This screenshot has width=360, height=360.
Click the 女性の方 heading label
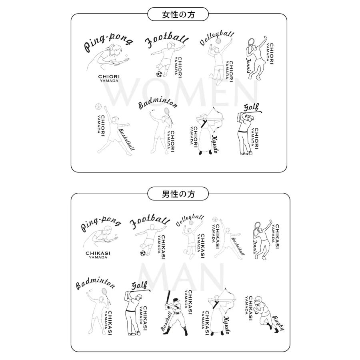click(178, 15)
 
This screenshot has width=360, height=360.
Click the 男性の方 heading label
click(178, 194)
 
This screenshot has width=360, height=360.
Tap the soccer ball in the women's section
click(159, 74)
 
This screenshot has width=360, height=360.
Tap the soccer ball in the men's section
click(143, 253)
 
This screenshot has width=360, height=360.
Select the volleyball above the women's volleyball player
click(218, 41)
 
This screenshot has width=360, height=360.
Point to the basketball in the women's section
click(98, 106)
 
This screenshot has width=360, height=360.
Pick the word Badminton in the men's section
click(95, 284)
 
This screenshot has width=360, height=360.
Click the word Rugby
click(278, 323)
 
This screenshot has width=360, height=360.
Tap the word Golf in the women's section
click(251, 107)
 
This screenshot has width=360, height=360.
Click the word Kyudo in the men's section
click(226, 325)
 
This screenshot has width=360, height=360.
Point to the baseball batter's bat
click(168, 298)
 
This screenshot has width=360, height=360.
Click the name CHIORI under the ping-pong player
click(109, 77)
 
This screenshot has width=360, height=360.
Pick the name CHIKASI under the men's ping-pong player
click(98, 253)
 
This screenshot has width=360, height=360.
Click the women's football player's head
click(170, 45)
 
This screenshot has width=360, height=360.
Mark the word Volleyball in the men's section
click(190, 220)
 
